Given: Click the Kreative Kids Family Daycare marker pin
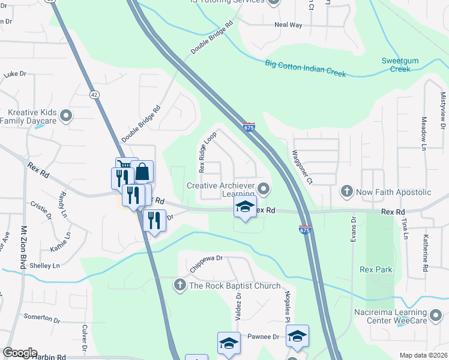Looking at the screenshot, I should pyautogui.click(x=67, y=115).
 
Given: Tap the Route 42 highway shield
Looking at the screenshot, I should pyautogui.click(x=94, y=94).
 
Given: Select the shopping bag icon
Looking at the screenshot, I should pyautogui.click(x=143, y=172).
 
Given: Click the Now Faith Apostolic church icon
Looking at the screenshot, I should pyautogui.click(x=346, y=192).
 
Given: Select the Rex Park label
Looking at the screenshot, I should pyautogui.click(x=376, y=269).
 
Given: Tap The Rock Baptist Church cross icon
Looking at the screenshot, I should pyautogui.click(x=179, y=286).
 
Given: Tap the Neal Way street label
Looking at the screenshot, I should pyautogui.click(x=288, y=25).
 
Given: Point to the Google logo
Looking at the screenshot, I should pyautogui.click(x=20, y=353).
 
